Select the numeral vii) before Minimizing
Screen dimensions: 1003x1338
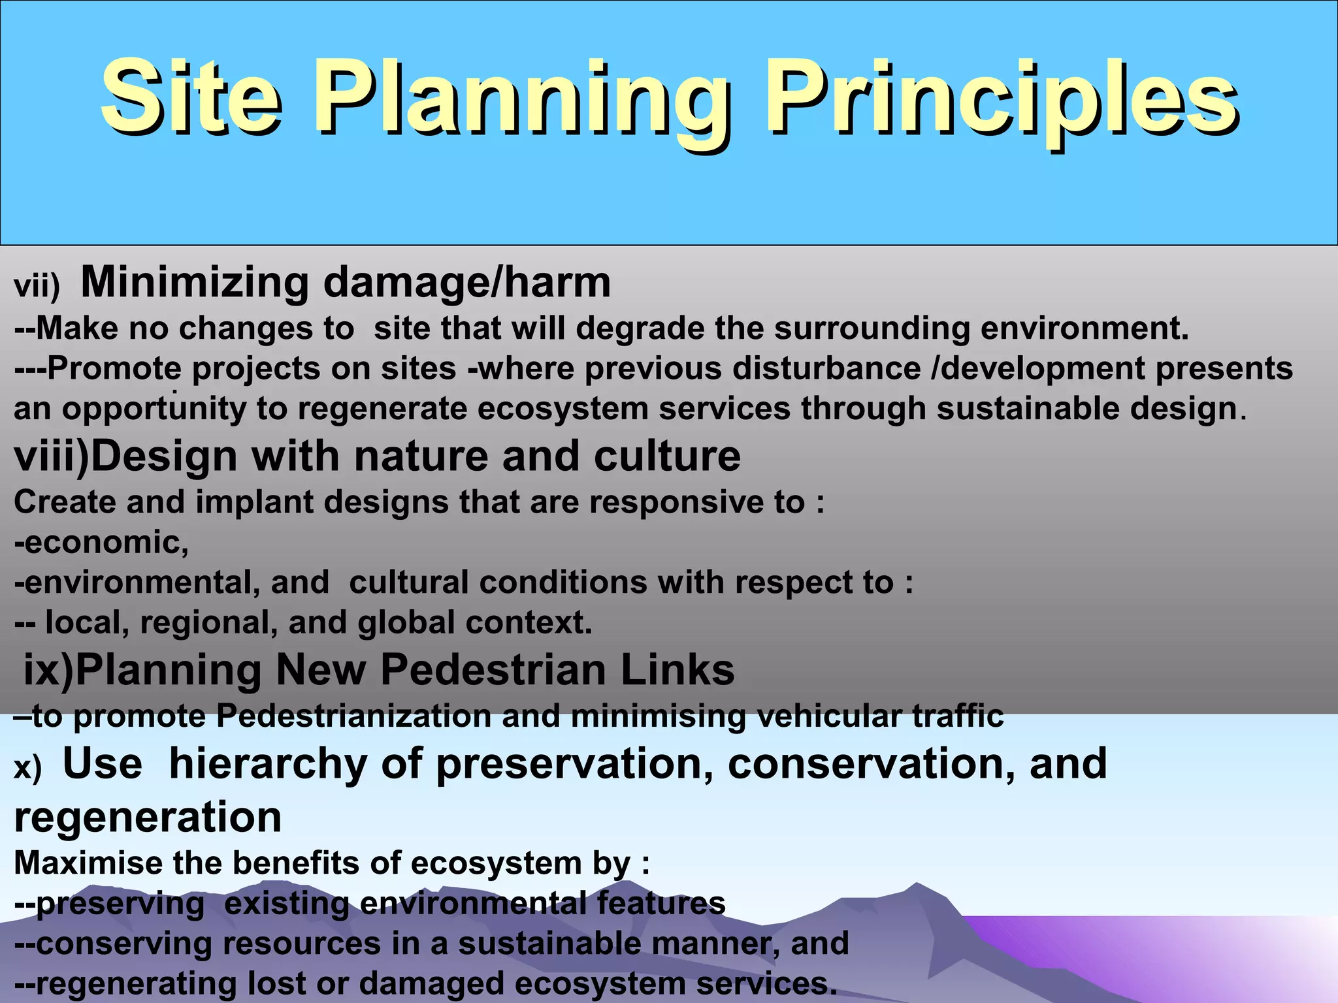(x=37, y=287)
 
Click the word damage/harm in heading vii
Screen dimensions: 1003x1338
(x=467, y=282)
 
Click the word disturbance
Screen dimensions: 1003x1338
(x=826, y=368)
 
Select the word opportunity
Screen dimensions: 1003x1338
(x=154, y=409)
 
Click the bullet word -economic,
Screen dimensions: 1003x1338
(x=102, y=543)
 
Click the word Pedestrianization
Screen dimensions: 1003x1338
(x=353, y=716)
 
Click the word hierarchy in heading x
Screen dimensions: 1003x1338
(x=268, y=764)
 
